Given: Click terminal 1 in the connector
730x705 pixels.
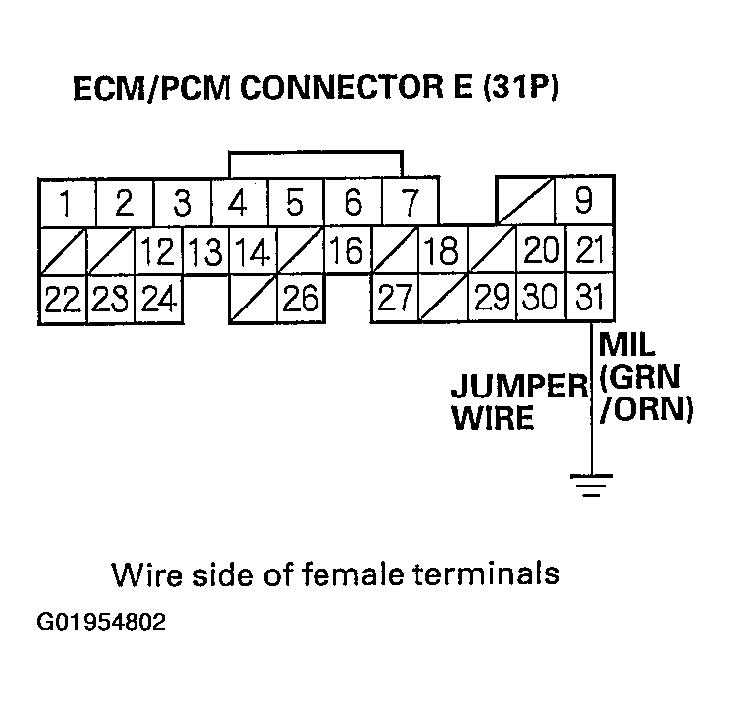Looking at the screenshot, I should [65, 204].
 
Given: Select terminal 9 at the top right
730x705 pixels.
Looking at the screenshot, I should [583, 202].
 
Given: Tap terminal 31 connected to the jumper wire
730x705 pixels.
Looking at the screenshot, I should [590, 298].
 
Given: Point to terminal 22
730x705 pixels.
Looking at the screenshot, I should [61, 299].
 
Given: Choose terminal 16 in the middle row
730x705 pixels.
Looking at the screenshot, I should [345, 251].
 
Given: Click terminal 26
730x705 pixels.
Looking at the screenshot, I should [300, 299].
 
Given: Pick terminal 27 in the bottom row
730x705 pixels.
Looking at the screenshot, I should [395, 299].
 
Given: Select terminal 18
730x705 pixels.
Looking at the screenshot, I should [440, 251].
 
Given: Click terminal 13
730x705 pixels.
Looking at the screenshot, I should [205, 252].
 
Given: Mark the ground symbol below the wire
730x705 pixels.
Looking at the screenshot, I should [591, 485].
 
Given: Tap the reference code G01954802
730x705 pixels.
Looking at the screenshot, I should [99, 624].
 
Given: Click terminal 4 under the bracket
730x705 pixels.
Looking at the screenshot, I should [237, 204].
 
